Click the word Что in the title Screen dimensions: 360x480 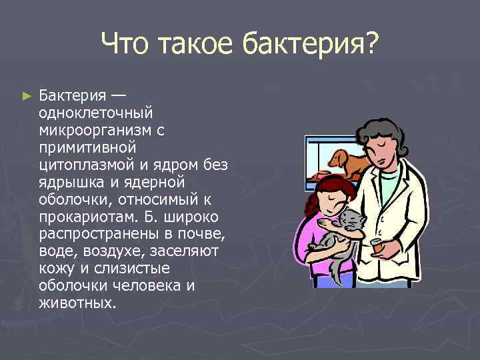tap(128, 45)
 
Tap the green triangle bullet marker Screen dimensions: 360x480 tap(27, 97)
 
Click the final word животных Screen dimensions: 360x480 tap(77, 303)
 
